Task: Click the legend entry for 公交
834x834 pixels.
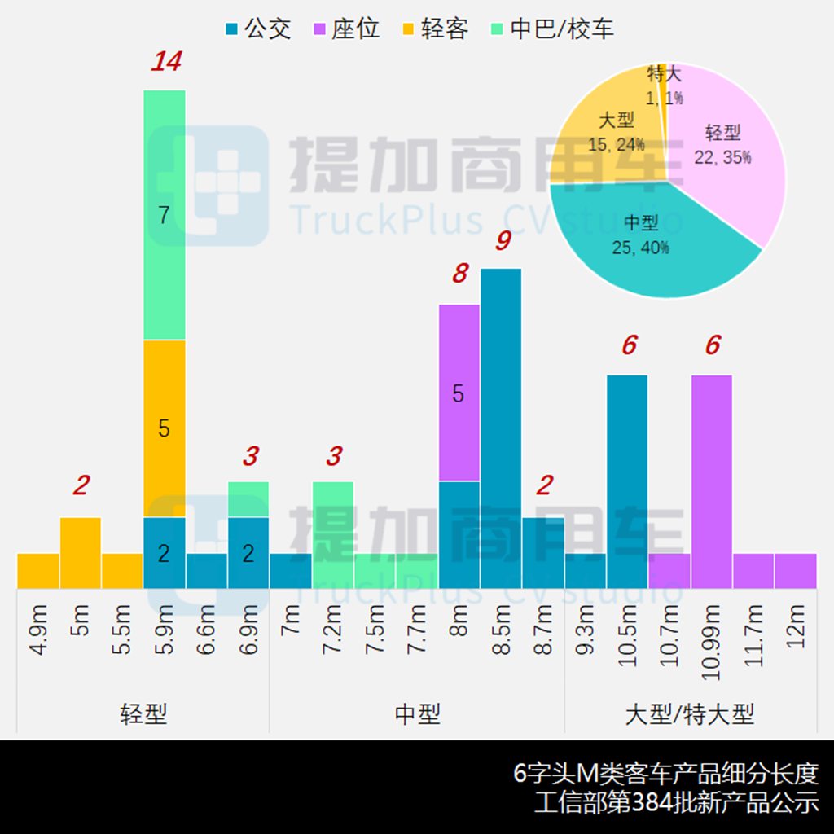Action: coord(257,30)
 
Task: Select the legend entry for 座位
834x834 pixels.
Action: coord(346,30)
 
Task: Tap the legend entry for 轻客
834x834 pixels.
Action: coord(435,30)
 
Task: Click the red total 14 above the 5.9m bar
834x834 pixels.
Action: coord(165,62)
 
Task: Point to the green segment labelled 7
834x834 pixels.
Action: coord(165,215)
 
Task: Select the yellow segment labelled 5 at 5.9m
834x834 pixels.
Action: coord(165,428)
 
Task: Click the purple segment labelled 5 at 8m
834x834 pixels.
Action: coord(459,393)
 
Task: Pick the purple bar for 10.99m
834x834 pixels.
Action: coord(712,481)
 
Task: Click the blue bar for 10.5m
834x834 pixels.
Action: coord(627,481)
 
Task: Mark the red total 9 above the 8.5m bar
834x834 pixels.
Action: coord(503,242)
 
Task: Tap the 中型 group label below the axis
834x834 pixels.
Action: coord(417,714)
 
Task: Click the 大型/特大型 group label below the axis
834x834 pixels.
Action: coord(690,714)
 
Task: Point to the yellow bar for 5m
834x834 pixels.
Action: coord(81,552)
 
